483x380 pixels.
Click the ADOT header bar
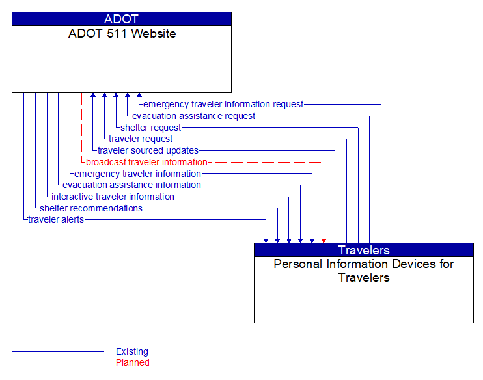click(x=122, y=19)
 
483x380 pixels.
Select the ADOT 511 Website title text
click(x=122, y=34)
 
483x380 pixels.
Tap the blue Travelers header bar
click(x=364, y=250)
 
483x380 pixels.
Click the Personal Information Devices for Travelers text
click(x=364, y=271)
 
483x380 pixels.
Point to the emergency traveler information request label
click(x=223, y=104)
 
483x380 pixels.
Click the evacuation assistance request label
click(x=194, y=116)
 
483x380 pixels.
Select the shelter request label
click(x=150, y=128)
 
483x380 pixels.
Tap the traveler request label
click(x=141, y=139)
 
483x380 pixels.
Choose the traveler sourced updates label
click(x=148, y=150)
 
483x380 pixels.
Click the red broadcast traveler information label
click(x=146, y=162)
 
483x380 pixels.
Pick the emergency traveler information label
click(x=137, y=174)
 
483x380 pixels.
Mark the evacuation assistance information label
click(x=132, y=185)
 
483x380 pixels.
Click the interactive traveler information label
click(x=113, y=197)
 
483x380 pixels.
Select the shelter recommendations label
click(x=91, y=208)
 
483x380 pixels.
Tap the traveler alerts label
click(x=56, y=219)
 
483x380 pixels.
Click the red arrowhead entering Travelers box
click(x=324, y=240)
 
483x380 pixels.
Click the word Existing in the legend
click(x=132, y=351)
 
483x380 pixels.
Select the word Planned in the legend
click(x=133, y=362)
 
